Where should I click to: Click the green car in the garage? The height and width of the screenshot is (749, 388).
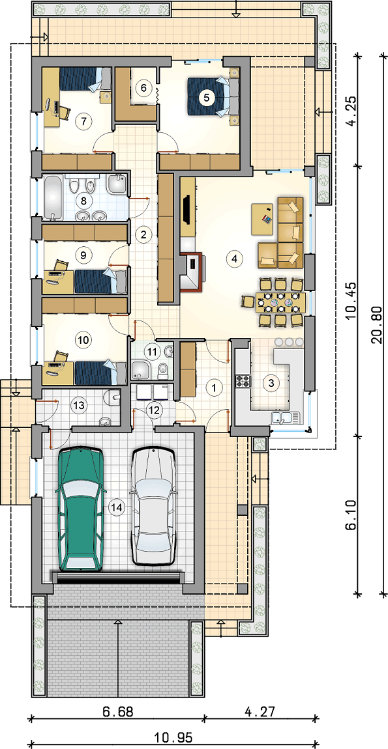(x=80, y=509)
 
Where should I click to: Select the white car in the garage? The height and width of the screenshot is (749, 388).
(x=154, y=506)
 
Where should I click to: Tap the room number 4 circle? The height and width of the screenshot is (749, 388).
(x=233, y=259)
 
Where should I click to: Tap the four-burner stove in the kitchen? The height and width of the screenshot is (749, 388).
(x=243, y=381)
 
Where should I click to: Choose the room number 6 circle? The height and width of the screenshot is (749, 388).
(x=143, y=88)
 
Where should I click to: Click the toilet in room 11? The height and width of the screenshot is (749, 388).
(x=162, y=369)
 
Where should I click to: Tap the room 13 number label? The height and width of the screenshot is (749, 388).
(x=78, y=406)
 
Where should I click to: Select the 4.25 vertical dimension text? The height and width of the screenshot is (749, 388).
(x=351, y=110)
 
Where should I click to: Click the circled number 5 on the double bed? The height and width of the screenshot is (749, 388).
(x=206, y=98)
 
